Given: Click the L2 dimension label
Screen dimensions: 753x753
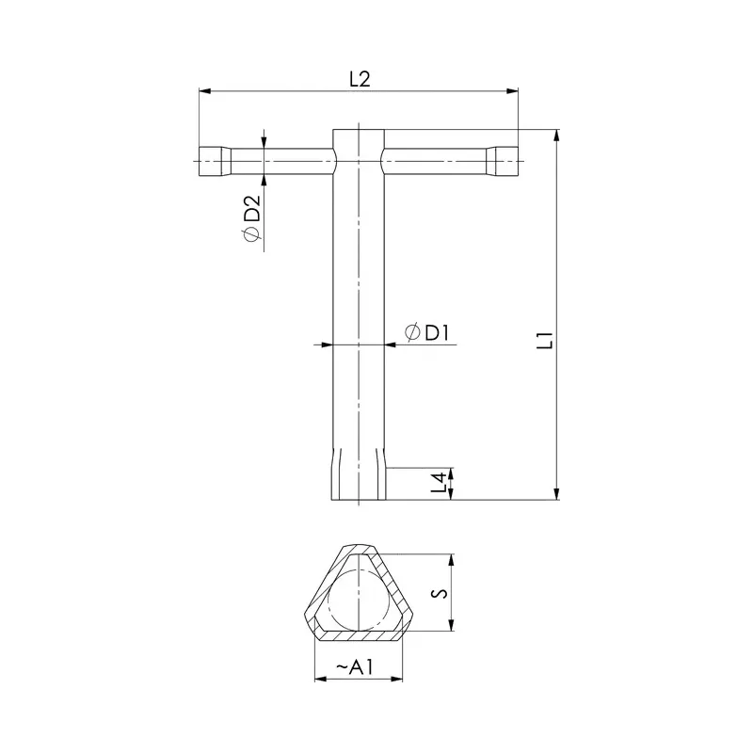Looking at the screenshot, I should (359, 80).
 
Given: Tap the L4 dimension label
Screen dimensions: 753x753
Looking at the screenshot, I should (439, 484).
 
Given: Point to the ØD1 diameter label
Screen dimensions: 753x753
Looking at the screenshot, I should (428, 332).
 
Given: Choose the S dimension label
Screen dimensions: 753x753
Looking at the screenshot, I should (437, 593).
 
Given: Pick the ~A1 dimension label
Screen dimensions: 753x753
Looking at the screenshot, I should (356, 667).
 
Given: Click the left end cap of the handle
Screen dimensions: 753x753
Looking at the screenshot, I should (213, 161).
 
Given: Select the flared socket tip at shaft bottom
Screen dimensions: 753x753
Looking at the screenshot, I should (358, 480).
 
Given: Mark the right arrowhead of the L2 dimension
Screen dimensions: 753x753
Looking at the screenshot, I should (513, 91).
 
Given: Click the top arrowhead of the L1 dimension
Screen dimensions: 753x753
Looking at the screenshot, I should (556, 136).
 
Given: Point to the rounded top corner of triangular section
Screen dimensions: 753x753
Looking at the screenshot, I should (357, 550).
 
